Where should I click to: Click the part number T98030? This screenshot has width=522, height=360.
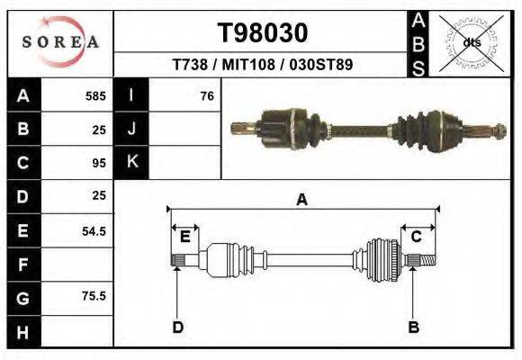click(x=263, y=33)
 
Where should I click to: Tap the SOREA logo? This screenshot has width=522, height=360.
click(x=59, y=42)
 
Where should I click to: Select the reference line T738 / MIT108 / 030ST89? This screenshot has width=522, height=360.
click(x=262, y=65)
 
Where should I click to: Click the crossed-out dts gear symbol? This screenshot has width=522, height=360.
click(x=471, y=42)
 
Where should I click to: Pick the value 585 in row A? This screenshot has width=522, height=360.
click(x=94, y=95)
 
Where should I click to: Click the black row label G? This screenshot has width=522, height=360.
click(x=23, y=298)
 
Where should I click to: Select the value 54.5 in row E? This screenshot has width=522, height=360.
click(x=94, y=231)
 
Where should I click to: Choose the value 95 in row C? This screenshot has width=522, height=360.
click(x=98, y=163)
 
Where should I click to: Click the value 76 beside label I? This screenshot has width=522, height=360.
click(x=206, y=95)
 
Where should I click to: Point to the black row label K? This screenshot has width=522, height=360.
click(x=131, y=163)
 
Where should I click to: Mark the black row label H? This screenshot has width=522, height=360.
click(x=23, y=332)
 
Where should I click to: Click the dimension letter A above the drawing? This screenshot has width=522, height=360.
click(x=302, y=200)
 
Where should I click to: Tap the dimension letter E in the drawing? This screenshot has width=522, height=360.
click(x=184, y=237)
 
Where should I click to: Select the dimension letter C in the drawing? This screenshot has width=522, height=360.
click(x=417, y=237)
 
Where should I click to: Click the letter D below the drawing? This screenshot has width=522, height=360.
click(x=178, y=327)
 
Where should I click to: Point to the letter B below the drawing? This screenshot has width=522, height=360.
click(x=414, y=327)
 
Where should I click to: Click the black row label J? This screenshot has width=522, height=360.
click(x=131, y=129)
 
